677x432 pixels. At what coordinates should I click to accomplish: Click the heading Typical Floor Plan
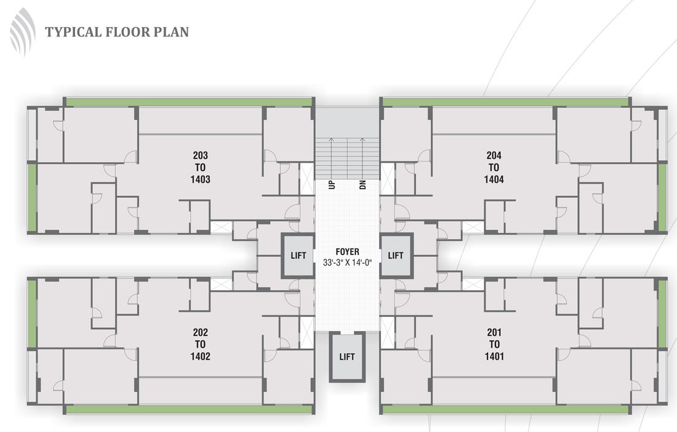coord(117,32)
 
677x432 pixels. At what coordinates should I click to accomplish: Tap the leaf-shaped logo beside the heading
coord(22,33)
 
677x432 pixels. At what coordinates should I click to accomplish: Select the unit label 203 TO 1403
coord(201,168)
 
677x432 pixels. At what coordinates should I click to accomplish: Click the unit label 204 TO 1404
coord(494,168)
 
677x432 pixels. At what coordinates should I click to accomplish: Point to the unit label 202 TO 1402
coord(201,344)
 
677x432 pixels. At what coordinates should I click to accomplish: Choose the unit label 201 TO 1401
coord(494,344)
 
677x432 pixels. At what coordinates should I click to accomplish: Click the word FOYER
coord(348,251)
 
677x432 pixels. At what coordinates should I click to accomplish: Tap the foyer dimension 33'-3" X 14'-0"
coord(348,263)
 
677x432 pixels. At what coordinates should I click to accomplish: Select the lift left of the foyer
coord(298,256)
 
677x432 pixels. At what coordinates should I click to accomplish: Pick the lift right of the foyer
coord(396,256)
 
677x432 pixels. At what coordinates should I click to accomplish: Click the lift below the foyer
coord(347,357)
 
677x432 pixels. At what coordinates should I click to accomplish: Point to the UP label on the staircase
coord(332,185)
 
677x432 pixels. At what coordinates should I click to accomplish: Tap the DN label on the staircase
coord(363,185)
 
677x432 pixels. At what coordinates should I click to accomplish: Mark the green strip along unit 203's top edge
coord(189,102)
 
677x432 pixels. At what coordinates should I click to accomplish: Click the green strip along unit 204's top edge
coord(505,102)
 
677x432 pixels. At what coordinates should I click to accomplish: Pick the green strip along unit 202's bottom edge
coord(189,410)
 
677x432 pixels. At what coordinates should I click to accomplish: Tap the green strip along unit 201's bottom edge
coord(505,410)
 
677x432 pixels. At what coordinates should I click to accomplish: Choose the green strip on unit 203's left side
coord(33,198)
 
